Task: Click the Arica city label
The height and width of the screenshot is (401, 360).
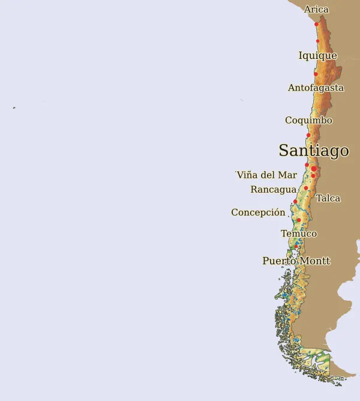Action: click(316, 10)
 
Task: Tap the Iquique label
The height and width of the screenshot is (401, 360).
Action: click(317, 56)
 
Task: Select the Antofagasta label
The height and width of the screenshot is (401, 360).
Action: click(316, 88)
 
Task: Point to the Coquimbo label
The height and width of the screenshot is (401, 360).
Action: click(308, 120)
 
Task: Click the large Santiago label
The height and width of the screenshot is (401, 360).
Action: click(313, 150)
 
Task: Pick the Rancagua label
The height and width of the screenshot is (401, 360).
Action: click(274, 189)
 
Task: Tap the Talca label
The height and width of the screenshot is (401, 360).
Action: click(328, 198)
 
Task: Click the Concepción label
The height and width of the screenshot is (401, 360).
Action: click(258, 212)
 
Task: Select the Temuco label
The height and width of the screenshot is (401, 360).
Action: click(299, 234)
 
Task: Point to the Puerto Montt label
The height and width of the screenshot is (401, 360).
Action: click(296, 261)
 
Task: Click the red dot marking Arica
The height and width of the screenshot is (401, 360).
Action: click(316, 25)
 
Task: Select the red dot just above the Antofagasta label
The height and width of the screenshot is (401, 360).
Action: click(316, 74)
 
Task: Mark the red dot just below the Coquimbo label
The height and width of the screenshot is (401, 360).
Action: click(308, 135)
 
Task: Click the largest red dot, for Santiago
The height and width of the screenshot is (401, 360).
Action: click(314, 169)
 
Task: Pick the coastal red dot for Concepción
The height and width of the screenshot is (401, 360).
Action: click(295, 202)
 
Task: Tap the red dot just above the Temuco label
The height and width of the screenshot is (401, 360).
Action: click(299, 220)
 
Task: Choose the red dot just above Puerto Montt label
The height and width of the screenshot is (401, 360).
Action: click(296, 247)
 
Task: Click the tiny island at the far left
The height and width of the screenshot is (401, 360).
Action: click(14, 108)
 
